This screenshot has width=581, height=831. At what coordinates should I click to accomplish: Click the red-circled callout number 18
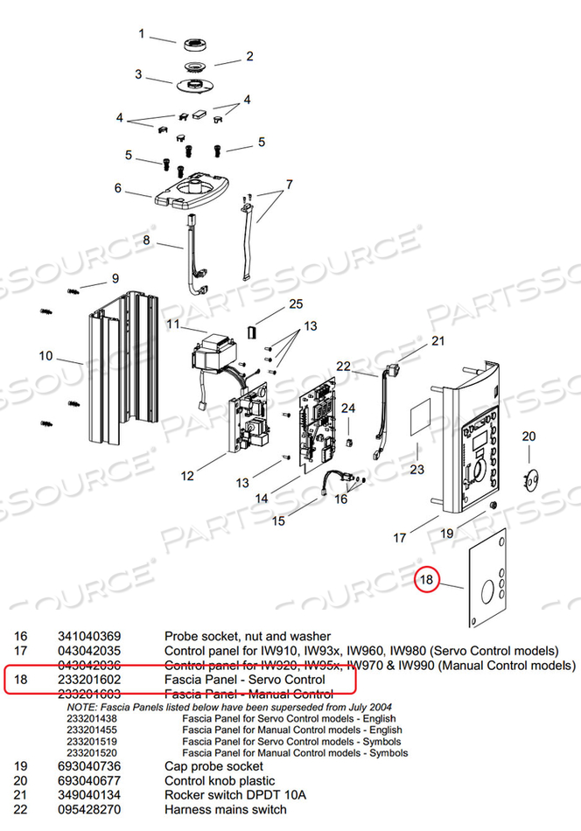click(x=426, y=579)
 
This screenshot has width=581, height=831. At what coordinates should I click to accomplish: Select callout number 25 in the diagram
click(x=295, y=304)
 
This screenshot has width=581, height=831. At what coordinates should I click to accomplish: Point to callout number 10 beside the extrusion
click(x=46, y=356)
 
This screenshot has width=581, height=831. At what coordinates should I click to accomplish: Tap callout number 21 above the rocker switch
click(x=437, y=341)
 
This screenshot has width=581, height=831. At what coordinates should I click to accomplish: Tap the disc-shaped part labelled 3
click(x=190, y=85)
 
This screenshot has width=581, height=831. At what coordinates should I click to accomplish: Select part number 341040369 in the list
click(x=89, y=637)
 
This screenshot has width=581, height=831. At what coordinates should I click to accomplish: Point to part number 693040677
click(x=89, y=780)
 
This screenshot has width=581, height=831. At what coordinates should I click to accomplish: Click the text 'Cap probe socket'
click(x=213, y=766)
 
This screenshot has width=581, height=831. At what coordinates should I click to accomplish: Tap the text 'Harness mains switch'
click(x=226, y=809)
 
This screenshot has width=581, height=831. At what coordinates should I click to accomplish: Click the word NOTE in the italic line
click(x=81, y=706)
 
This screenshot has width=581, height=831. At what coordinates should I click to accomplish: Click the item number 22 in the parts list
click(x=22, y=809)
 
